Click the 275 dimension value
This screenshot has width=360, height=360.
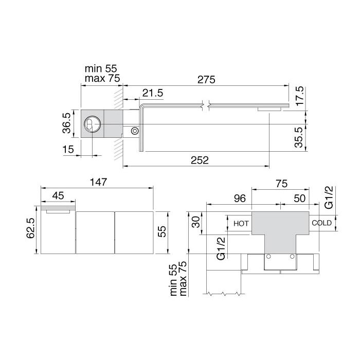tap(206, 80)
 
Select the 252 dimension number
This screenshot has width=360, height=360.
tap(200, 160)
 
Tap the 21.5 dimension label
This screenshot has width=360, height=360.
tap(153, 93)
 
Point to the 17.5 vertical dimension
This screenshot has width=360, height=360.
tap(300, 96)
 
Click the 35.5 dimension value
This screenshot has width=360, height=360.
tap(299, 137)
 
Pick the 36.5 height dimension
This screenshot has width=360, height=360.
tap(67, 123)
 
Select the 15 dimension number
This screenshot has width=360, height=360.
tap(68, 149)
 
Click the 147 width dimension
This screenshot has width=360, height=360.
tap(98, 182)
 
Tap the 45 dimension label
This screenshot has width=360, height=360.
tap(58, 195)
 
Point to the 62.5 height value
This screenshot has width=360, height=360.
tap(30, 228)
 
